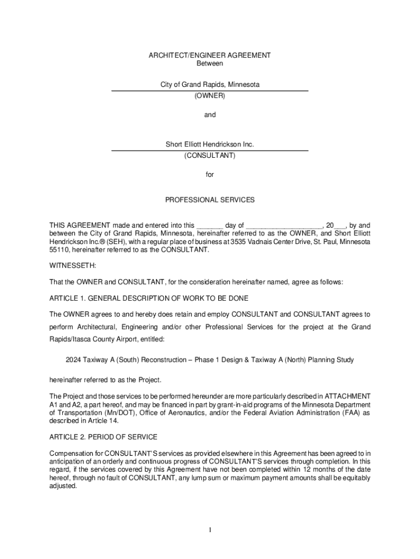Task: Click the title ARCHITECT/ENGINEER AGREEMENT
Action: (210, 56)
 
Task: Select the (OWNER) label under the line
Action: (210, 96)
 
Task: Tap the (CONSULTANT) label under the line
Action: (210, 156)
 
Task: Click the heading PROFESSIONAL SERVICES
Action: (210, 200)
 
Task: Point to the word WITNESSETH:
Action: (73, 265)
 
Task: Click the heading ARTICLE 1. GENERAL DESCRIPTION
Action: (148, 298)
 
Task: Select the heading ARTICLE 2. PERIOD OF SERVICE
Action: (103, 437)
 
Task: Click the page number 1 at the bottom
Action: (210, 530)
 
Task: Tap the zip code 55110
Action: (59, 249)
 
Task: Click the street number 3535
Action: (239, 241)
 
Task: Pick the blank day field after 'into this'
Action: (209, 225)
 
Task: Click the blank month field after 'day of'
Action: (284, 225)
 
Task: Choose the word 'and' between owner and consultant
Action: (210, 115)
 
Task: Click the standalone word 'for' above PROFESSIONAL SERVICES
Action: (210, 175)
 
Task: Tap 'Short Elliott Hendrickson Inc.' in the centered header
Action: (210, 145)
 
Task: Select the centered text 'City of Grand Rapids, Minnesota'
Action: (210, 85)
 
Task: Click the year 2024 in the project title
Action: (74, 360)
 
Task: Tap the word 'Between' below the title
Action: (210, 63)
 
